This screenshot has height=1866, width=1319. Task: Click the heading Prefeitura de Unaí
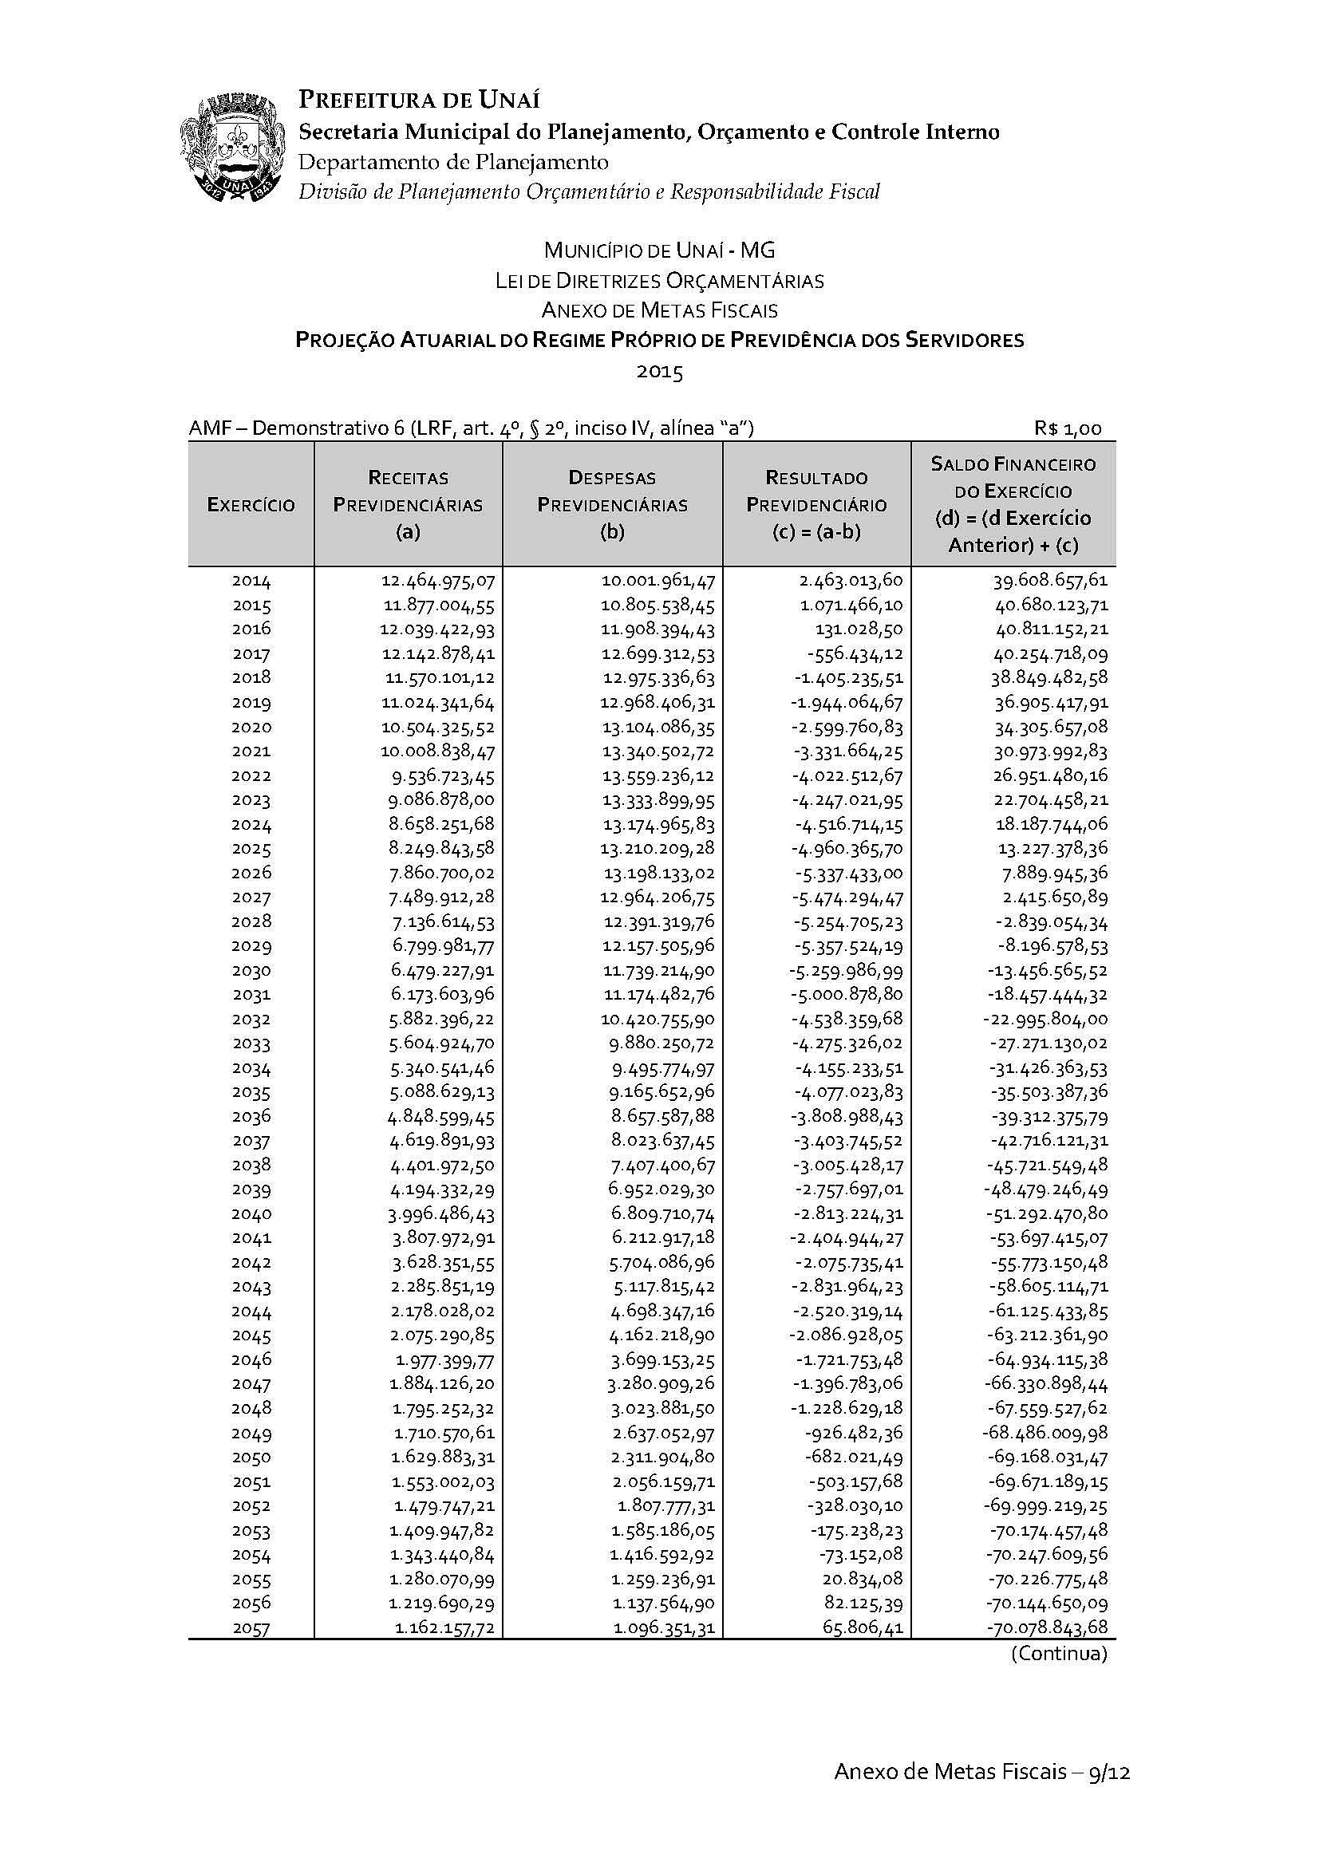point(420,100)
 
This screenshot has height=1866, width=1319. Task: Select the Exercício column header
point(251,505)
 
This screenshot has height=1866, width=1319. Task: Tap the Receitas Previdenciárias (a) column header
point(408,505)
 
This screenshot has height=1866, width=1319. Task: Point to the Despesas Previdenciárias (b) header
point(612,505)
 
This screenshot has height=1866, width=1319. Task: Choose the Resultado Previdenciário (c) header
point(816,505)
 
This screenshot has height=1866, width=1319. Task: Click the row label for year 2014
point(251,581)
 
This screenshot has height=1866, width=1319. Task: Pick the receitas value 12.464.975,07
point(438,581)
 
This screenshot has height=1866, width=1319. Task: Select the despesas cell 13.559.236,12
point(658,775)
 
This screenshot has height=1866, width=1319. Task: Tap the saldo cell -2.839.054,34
point(1053,922)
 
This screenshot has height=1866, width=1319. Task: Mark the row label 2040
point(251,1214)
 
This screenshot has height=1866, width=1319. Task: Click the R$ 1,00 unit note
point(1068,429)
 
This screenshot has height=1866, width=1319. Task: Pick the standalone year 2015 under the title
point(659,373)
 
